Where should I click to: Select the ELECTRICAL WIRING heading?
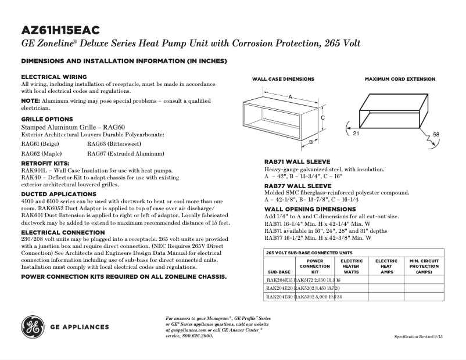[54, 77]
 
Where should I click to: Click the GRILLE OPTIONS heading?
[47, 119]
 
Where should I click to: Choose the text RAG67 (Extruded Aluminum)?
[126, 154]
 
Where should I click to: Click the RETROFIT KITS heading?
[45, 164]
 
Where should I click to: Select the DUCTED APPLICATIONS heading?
[59, 194]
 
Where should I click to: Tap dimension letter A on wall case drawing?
[289, 96]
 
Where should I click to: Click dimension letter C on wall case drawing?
[322, 117]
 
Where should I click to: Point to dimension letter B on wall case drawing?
[311, 142]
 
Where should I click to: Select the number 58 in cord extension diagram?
[436, 134]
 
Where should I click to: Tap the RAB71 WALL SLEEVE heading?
[297, 161]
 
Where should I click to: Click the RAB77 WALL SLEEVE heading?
[297, 186]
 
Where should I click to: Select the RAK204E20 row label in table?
[279, 288]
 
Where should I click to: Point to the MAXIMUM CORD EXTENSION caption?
[399, 79]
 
